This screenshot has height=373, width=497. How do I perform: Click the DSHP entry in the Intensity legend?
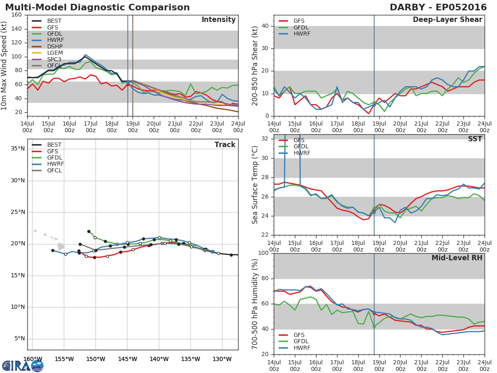(x=55, y=46)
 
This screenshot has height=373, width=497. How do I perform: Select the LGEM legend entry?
(x=55, y=53)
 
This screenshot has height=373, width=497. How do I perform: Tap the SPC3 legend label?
(x=54, y=59)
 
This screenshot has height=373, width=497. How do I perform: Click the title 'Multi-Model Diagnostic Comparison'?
(x=97, y=7)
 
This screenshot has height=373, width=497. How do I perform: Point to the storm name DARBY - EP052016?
(x=438, y=7)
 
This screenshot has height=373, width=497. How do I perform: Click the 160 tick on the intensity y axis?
(x=17, y=15)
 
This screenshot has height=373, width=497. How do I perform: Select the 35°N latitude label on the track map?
(x=18, y=148)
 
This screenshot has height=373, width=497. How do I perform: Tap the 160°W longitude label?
(x=33, y=359)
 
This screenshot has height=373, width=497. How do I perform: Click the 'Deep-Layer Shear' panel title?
(x=447, y=20)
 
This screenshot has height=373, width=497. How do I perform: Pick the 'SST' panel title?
(x=475, y=139)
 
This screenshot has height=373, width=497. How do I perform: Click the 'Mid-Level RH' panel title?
(x=457, y=258)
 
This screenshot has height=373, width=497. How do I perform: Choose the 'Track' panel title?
(x=225, y=145)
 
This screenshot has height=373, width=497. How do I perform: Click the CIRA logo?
(x=23, y=366)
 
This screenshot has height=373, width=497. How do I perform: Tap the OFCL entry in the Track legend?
(x=54, y=170)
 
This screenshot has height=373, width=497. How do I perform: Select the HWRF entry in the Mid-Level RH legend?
(x=302, y=348)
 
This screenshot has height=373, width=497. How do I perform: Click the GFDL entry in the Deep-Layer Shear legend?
(x=301, y=27)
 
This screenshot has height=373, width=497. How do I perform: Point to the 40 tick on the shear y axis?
(x=265, y=26)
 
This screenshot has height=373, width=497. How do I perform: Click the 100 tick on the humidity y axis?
(x=263, y=253)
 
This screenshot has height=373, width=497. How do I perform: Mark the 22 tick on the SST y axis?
(x=265, y=235)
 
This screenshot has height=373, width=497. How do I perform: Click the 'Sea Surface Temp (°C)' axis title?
(x=255, y=185)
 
